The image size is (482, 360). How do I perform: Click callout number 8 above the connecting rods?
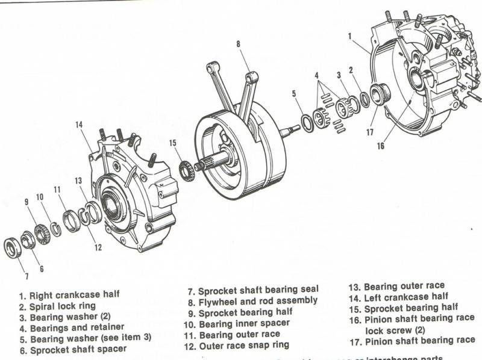(239, 43)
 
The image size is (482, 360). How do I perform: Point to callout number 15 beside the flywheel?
(173, 143)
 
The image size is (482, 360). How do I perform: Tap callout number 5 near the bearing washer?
(293, 93)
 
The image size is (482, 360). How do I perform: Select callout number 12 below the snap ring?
(98, 246)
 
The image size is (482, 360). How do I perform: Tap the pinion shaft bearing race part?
(380, 95)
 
